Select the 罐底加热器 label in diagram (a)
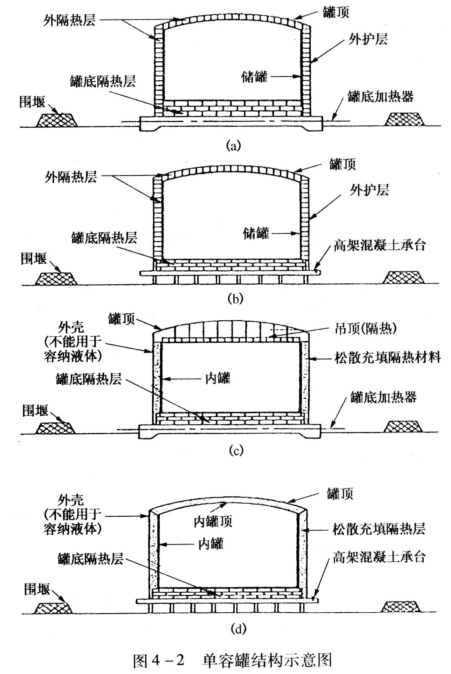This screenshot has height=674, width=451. [x=380, y=96]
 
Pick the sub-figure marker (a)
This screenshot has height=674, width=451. [x=233, y=145]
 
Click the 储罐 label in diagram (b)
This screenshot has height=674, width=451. [x=255, y=233]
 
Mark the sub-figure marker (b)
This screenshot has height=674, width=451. [x=235, y=299]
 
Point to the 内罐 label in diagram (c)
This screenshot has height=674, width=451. [x=217, y=378]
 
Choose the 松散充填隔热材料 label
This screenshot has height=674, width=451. [x=388, y=358]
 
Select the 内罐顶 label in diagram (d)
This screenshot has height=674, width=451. [x=212, y=521]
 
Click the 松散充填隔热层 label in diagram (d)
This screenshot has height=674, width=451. [x=378, y=529]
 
